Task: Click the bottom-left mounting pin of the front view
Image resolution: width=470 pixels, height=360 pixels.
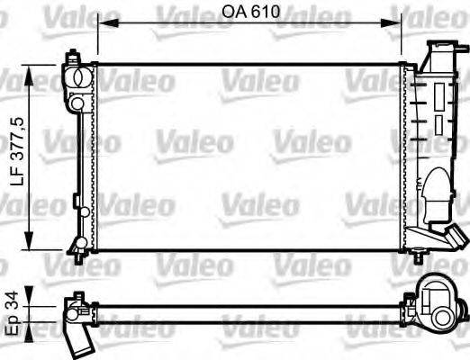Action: [78, 256]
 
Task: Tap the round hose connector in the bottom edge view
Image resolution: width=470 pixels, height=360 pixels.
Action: [442, 303]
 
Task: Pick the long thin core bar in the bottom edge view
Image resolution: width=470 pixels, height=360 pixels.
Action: [252, 309]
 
